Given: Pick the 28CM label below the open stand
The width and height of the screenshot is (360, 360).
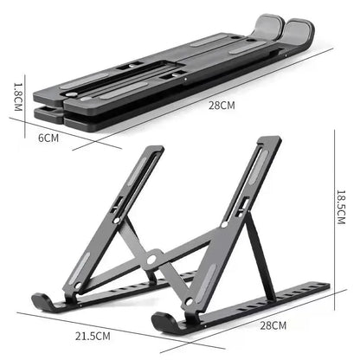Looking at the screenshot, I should (273, 325).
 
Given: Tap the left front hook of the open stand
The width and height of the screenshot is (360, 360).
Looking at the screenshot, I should (42, 302).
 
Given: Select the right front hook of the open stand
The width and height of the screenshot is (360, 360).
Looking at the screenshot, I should (164, 322).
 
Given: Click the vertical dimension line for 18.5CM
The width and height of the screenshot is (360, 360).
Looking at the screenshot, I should (333, 208).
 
